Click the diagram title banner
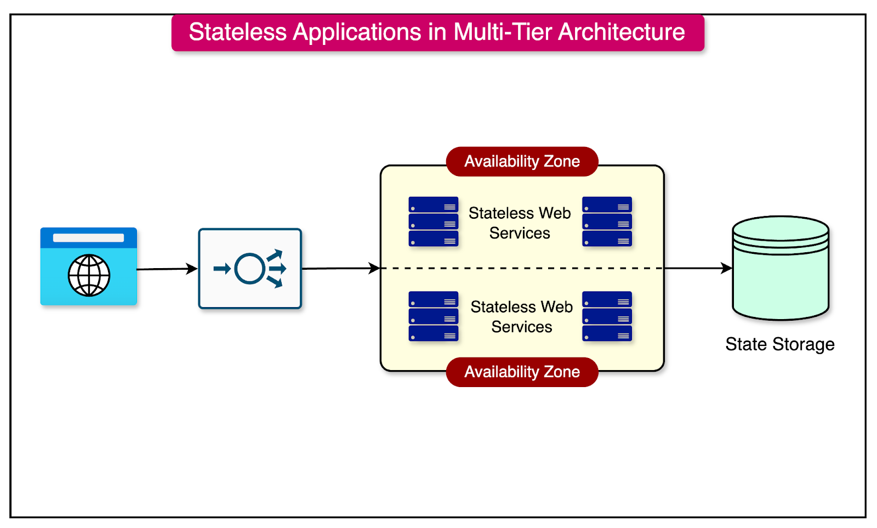point(437,33)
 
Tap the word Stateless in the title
point(237,32)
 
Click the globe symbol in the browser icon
point(89,275)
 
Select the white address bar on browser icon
point(88,238)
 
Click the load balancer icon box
point(250,269)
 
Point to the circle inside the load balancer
point(250,269)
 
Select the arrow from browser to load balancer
point(167,269)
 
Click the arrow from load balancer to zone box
point(340,268)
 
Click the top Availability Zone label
point(522,161)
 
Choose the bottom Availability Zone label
point(522,372)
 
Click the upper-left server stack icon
point(433,222)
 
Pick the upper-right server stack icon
point(607,222)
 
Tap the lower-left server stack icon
point(433,316)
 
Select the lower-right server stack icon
point(607,316)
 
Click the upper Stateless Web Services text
point(520,223)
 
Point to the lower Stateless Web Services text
point(521,316)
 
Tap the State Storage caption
point(779,344)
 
